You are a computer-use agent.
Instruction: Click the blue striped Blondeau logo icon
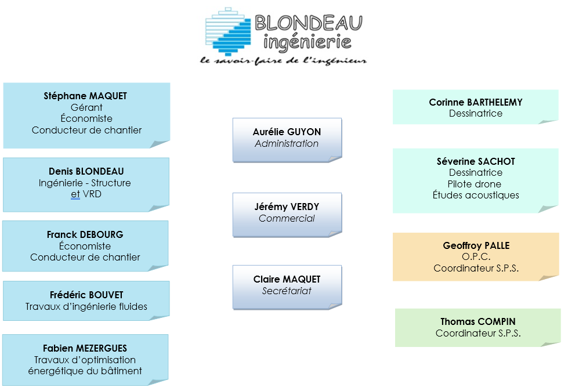[228, 32]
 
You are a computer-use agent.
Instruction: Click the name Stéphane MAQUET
[85, 96]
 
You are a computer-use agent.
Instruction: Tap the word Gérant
[86, 107]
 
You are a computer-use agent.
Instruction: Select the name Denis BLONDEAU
[86, 171]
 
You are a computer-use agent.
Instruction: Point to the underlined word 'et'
[75, 194]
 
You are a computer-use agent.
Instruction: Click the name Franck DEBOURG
[85, 235]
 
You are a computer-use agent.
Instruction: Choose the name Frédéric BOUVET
[86, 295]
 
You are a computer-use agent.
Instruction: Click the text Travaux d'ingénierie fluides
[86, 306]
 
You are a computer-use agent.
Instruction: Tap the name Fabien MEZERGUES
[85, 348]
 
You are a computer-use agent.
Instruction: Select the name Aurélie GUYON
[287, 132]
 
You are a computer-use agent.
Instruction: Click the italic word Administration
[287, 143]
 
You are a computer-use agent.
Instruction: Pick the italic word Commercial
[287, 218]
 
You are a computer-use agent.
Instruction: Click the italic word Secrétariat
[287, 291]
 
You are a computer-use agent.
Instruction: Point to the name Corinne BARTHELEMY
[476, 103]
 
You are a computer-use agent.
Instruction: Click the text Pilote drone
[475, 184]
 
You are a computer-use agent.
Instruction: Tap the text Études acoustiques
[476, 195]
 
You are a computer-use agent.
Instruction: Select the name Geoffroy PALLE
[476, 245]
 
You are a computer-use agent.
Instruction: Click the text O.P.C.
[476, 257]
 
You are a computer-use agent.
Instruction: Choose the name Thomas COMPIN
[478, 322]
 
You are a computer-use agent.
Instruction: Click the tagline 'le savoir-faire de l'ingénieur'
[283, 61]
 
